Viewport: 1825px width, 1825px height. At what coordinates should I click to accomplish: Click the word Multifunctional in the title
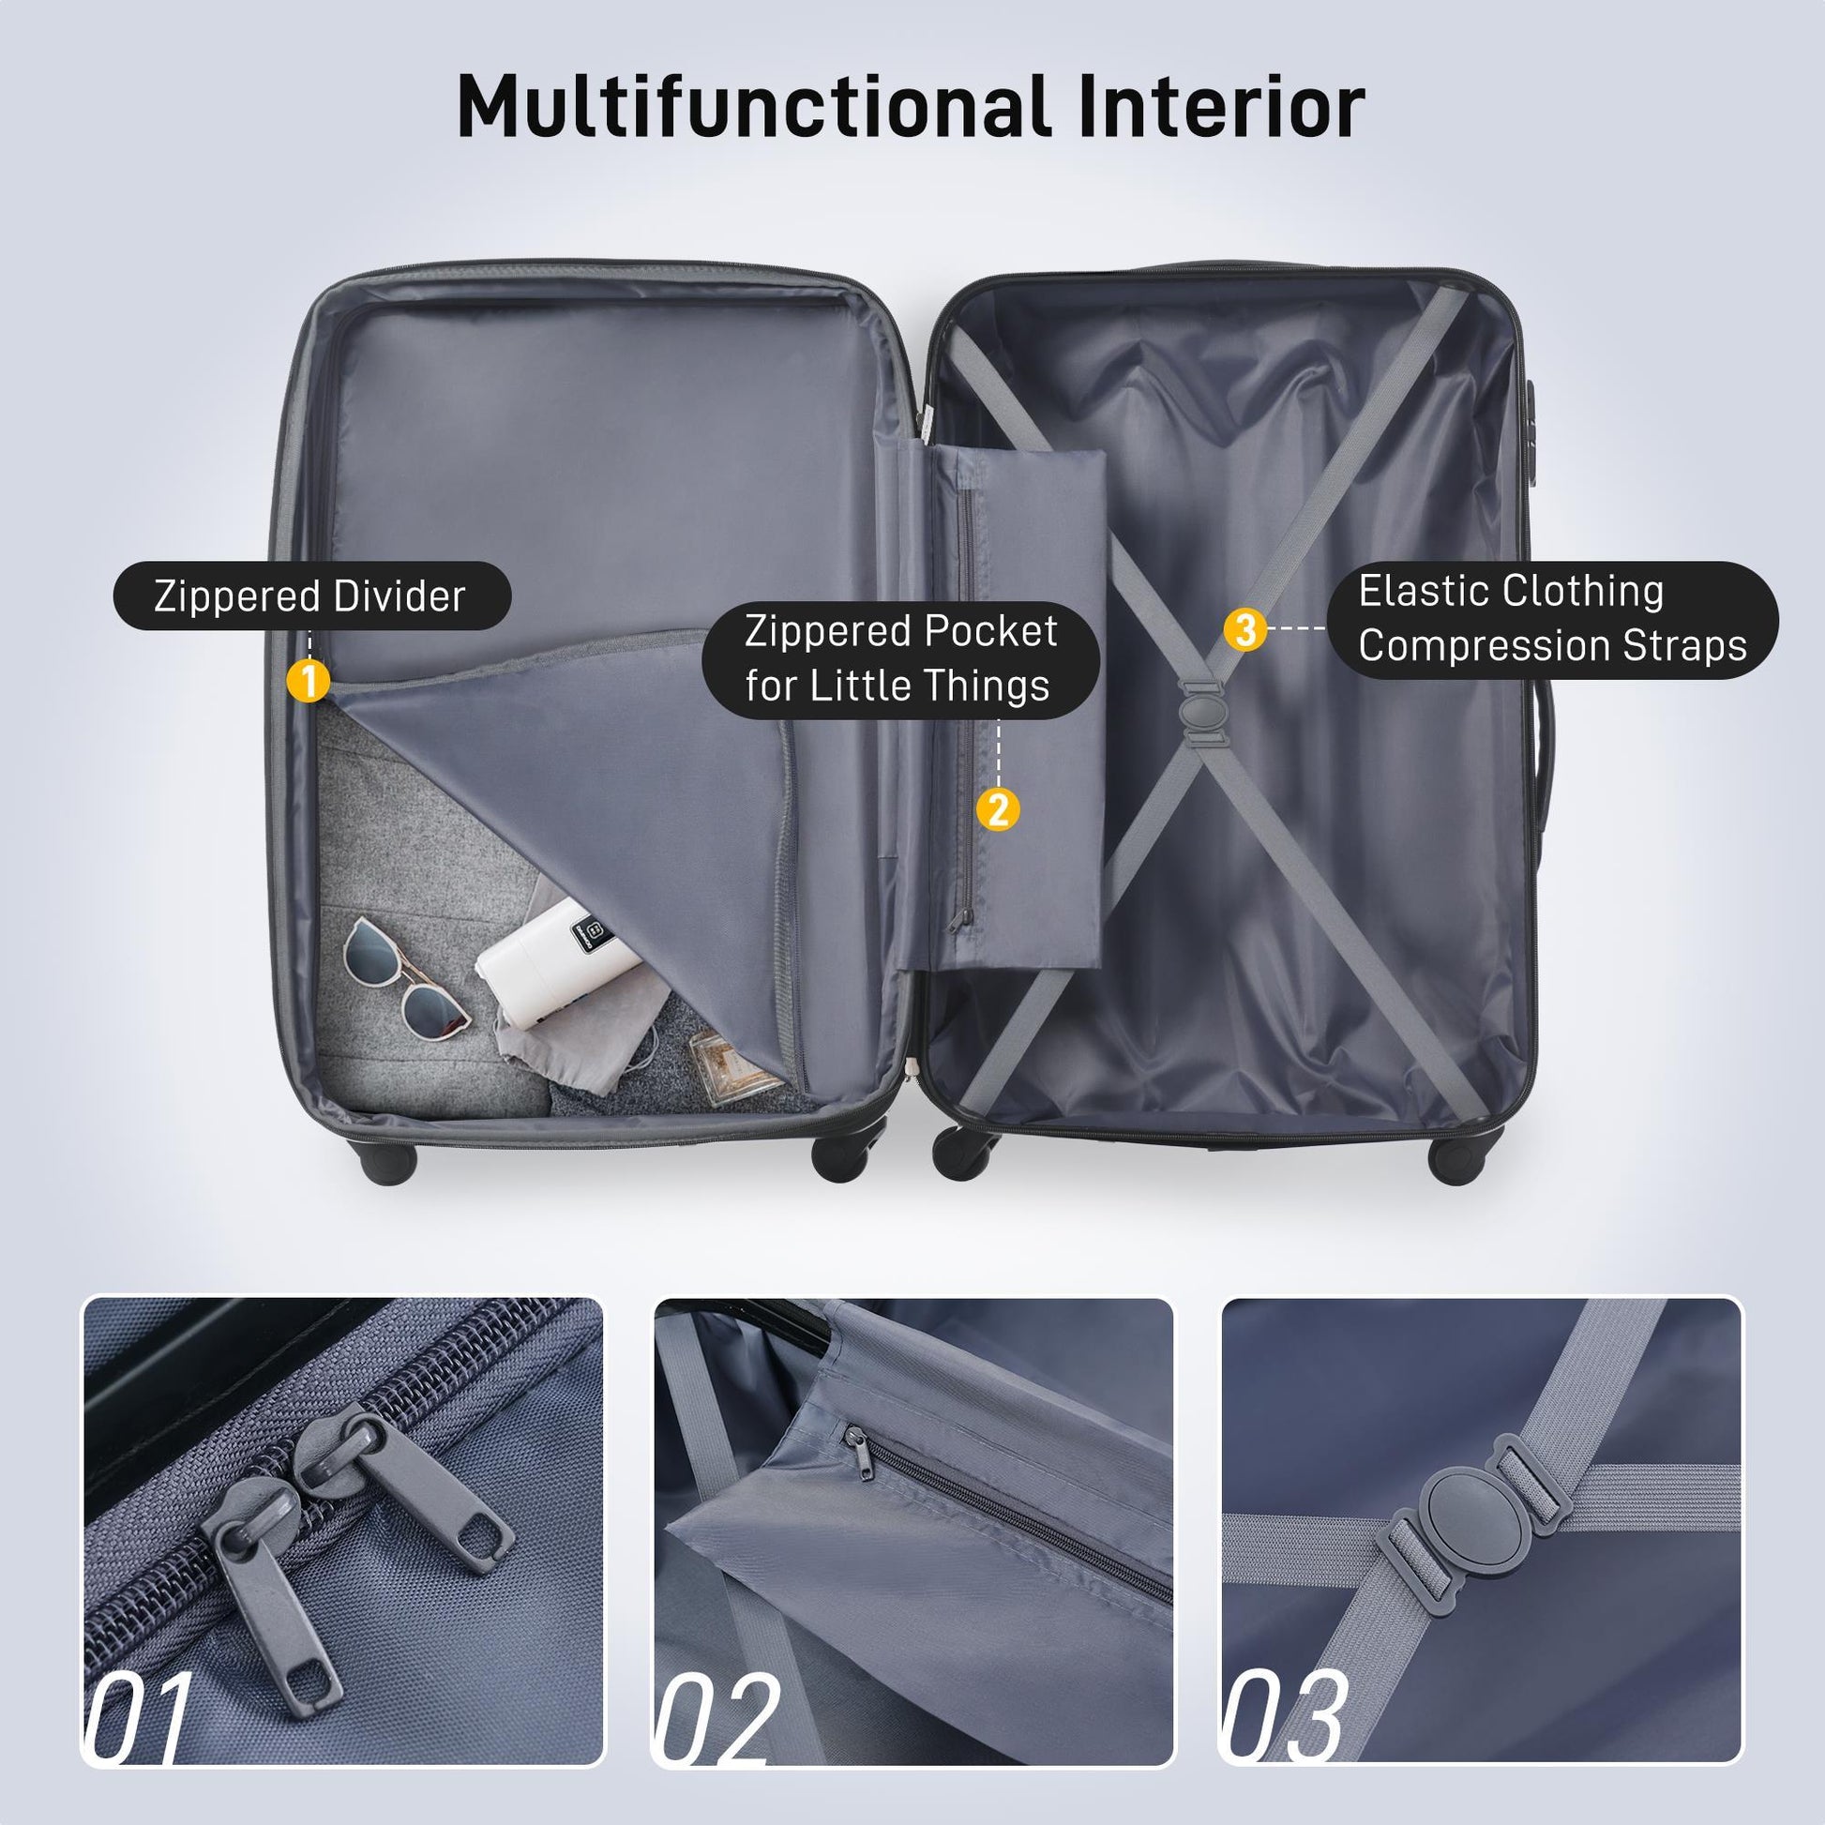[753, 106]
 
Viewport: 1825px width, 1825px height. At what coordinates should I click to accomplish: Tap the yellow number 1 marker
[308, 680]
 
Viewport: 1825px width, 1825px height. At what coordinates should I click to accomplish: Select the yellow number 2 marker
[999, 809]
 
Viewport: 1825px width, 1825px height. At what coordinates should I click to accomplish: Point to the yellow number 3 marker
[1245, 628]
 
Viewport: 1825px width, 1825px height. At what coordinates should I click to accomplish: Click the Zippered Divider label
[311, 597]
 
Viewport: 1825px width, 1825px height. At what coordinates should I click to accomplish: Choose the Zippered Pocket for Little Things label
[900, 658]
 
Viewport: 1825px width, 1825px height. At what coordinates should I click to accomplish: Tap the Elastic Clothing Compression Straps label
[1552, 619]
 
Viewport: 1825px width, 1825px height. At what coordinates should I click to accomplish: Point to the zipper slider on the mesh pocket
[964, 917]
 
